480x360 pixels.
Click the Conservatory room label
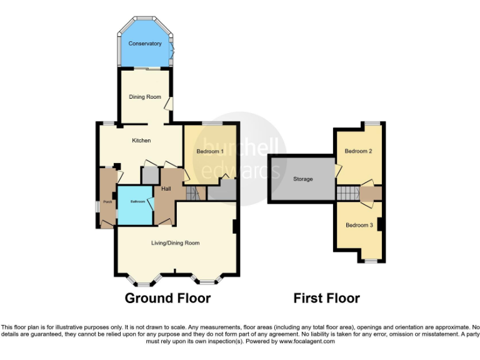point(145,44)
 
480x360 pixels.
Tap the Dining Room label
point(145,97)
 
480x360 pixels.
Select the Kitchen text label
point(141,141)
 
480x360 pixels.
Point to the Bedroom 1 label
point(211,152)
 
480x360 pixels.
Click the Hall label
point(166,189)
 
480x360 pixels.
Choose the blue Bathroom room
point(136,205)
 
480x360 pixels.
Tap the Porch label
point(107,201)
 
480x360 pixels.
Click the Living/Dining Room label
point(176,242)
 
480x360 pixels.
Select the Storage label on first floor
point(303,179)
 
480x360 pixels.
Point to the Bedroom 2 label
point(359,152)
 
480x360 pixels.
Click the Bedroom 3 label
point(359,225)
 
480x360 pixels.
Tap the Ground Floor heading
point(167,298)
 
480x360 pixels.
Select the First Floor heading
point(326,298)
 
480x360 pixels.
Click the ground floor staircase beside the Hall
point(197,194)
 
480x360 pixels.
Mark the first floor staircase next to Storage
point(347,193)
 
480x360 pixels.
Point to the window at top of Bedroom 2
point(373,123)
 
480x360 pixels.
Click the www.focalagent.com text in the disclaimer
point(307,342)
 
